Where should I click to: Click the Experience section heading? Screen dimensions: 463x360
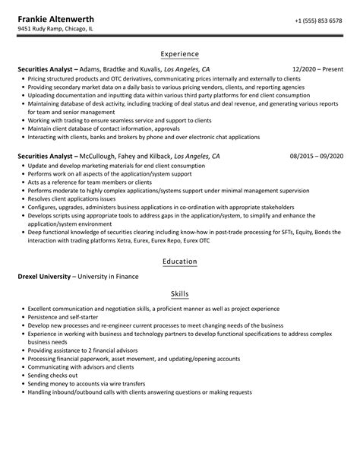[179, 54]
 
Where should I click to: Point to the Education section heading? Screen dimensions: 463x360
[179, 262]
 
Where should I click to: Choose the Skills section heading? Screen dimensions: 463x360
[179, 293]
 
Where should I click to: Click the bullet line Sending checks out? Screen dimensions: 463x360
[53, 376]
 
